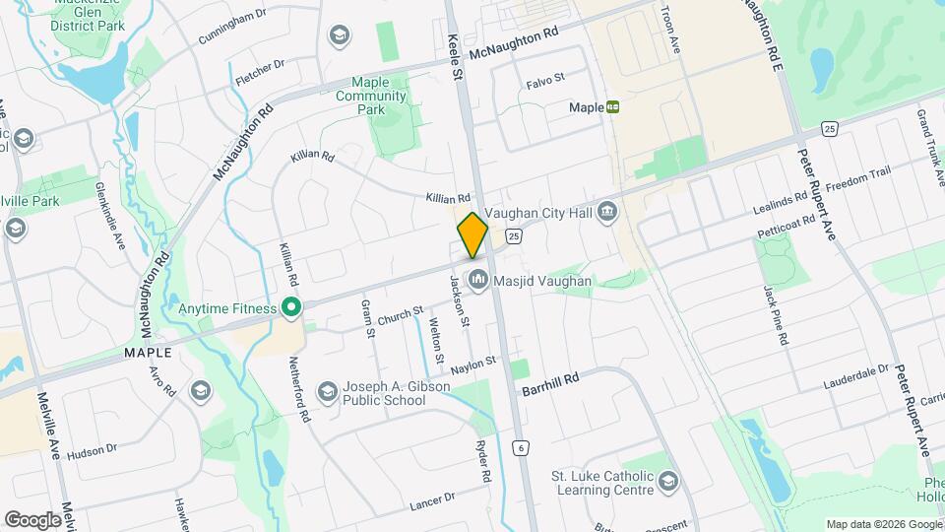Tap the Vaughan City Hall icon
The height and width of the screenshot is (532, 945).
(607, 211)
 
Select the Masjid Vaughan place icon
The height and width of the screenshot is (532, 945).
(478, 281)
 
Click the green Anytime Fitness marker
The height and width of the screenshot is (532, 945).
(290, 308)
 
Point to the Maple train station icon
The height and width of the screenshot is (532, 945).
(613, 106)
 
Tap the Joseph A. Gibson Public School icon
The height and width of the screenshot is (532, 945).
(327, 393)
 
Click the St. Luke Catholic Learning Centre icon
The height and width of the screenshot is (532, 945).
(668, 481)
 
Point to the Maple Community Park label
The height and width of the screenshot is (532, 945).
(371, 96)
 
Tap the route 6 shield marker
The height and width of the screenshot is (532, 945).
(519, 448)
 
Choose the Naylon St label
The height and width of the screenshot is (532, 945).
(472, 367)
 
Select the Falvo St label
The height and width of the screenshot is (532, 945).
(545, 77)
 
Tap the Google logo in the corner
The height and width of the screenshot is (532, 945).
(32, 519)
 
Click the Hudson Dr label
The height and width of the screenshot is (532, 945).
(94, 448)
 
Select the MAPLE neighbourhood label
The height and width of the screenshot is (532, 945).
(148, 352)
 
